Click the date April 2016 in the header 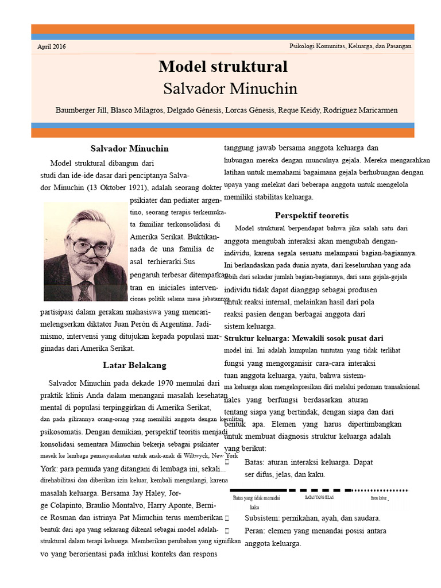click(52, 47)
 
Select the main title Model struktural click(223, 67)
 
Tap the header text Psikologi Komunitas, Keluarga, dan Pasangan click(350, 46)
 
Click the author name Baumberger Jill click(81, 110)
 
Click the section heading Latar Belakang click(134, 365)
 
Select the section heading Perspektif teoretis click(311, 215)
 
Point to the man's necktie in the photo click(84, 291)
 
